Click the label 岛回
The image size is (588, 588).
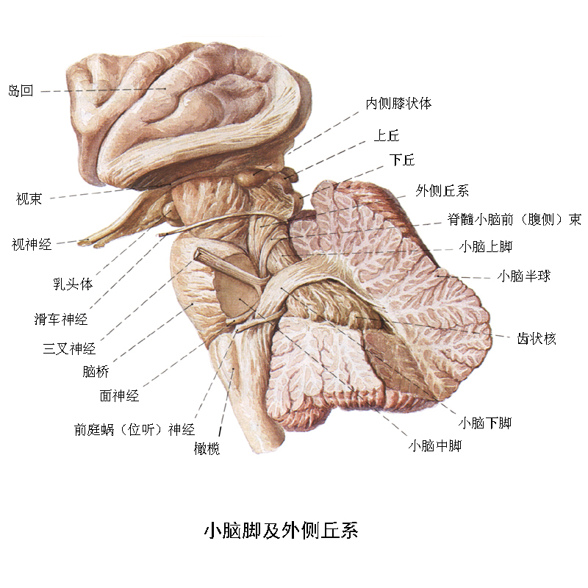click(x=21, y=90)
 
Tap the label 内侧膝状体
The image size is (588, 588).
click(x=398, y=103)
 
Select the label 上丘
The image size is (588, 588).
click(x=387, y=135)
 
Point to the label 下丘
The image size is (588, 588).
click(x=402, y=159)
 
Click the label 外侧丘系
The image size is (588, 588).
click(x=442, y=190)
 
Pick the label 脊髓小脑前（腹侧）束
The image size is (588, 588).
click(x=514, y=219)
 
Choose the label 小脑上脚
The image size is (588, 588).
click(x=486, y=246)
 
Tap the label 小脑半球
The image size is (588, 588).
click(x=524, y=276)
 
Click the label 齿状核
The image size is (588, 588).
click(x=537, y=338)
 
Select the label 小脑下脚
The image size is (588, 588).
click(x=485, y=423)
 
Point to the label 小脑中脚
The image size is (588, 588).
click(x=435, y=445)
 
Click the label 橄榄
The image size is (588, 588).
click(x=207, y=448)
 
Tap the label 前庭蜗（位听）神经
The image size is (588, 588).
click(x=135, y=429)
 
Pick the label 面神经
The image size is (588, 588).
click(x=119, y=395)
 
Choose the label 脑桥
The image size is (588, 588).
click(x=96, y=371)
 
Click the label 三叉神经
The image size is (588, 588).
click(x=69, y=348)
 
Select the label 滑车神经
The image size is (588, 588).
click(x=61, y=319)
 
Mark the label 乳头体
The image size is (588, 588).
click(x=73, y=284)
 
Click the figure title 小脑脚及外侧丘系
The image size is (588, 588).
click(x=282, y=530)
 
